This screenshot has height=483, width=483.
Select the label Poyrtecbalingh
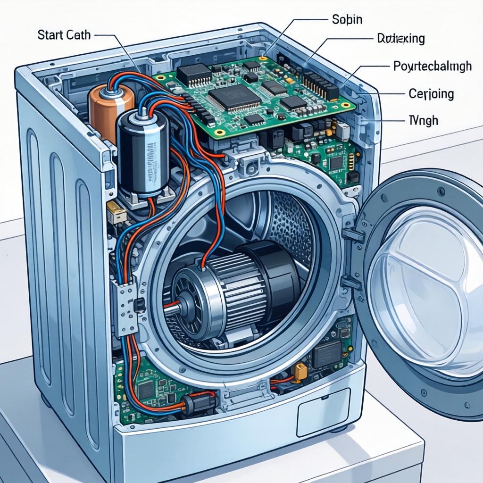pyautogui.click(x=432, y=66)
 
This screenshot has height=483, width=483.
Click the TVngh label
pyautogui.click(x=423, y=121)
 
